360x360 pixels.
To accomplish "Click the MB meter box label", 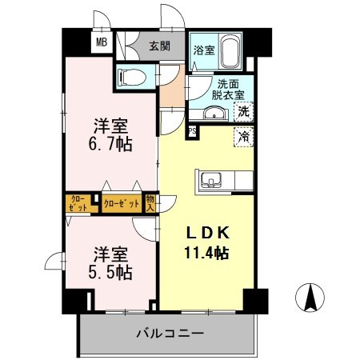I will click(102, 43).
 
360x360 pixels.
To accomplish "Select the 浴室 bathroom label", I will click(203, 50).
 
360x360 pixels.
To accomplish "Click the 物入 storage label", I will click(150, 203).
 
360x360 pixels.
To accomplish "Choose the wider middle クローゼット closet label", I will click(122, 203).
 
